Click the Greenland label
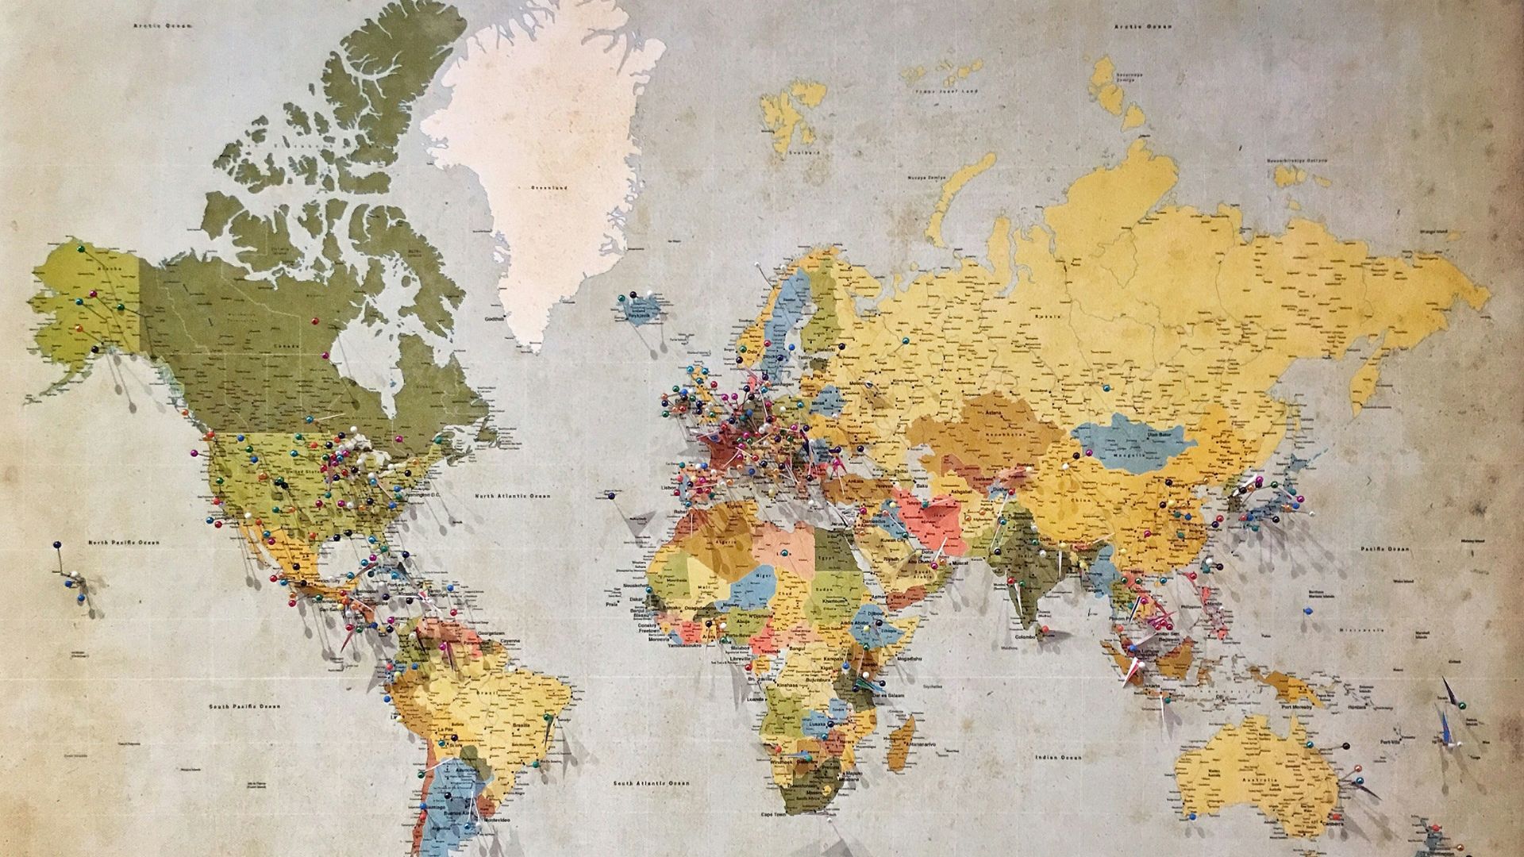549,188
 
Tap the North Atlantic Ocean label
512,496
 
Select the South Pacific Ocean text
244,705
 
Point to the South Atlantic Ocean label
651,783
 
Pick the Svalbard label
799,152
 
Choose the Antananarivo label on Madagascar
923,744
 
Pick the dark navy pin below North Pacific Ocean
56,545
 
